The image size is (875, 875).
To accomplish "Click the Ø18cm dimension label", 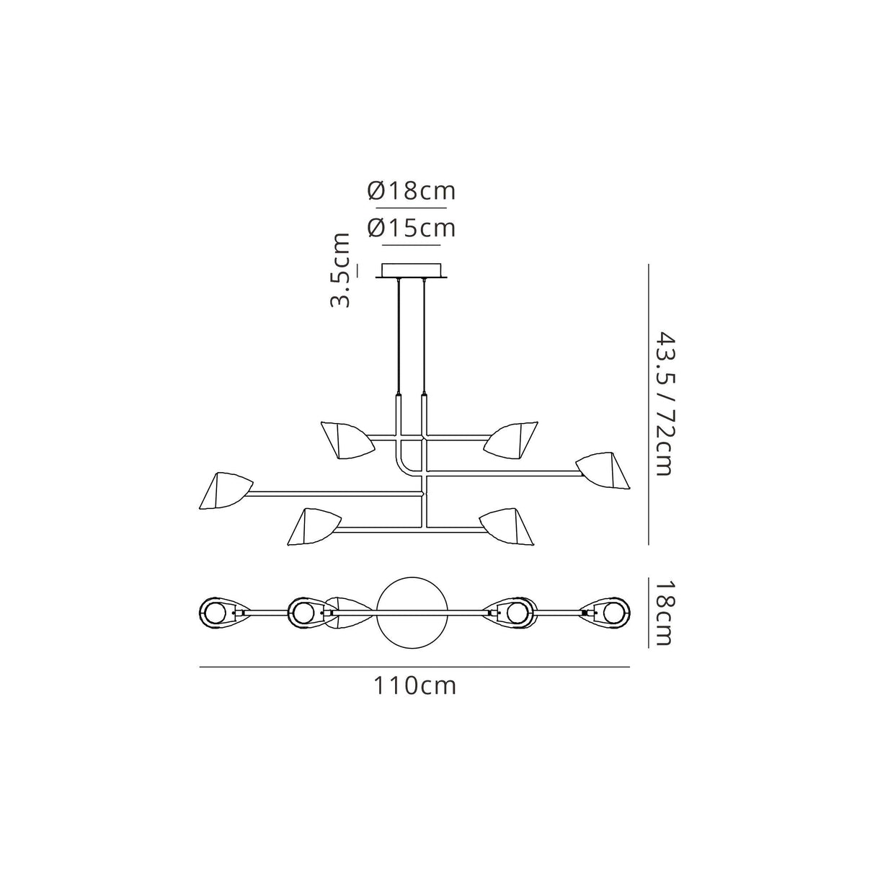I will (x=411, y=191).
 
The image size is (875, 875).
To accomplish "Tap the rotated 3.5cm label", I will (x=340, y=270).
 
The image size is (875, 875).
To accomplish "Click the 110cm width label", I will (x=414, y=685).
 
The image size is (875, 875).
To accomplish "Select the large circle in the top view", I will (x=414, y=613).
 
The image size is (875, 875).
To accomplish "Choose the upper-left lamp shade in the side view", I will (x=346, y=439).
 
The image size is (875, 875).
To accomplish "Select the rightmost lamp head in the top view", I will (x=613, y=613).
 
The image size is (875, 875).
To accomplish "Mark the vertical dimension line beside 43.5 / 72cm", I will (x=650, y=404).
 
